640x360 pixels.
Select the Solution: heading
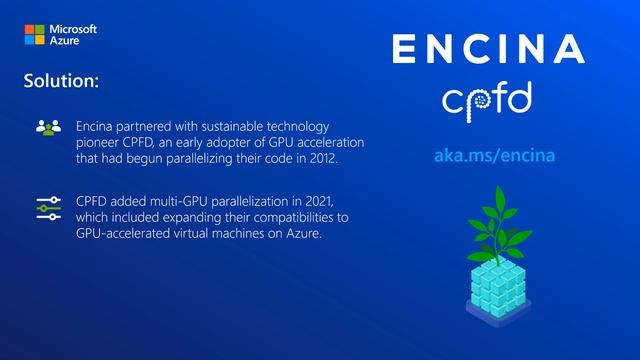coord(60,81)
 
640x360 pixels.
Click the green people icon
coord(48,127)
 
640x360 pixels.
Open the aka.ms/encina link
coord(495,157)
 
